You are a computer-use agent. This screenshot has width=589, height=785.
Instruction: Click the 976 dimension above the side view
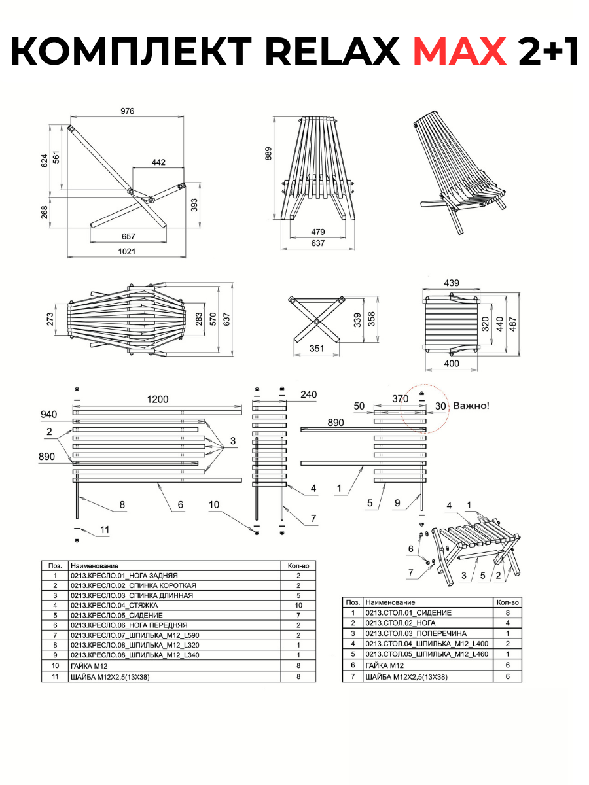(127, 111)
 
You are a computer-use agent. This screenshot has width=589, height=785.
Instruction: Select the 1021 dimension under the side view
(127, 251)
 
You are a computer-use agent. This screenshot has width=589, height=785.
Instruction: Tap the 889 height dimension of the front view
(268, 154)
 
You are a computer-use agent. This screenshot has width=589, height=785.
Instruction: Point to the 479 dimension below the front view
(318, 232)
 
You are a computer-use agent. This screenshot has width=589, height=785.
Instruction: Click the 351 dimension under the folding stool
(316, 349)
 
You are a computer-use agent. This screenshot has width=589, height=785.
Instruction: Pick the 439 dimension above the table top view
(452, 283)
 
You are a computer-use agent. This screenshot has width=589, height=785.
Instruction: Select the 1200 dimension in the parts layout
(157, 400)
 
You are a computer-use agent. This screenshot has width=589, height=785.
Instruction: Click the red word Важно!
(471, 406)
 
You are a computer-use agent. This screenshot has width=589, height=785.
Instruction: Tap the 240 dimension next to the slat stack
(308, 394)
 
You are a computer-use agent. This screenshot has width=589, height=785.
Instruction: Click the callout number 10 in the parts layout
(214, 504)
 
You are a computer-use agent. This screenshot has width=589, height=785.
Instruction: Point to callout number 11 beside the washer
(105, 529)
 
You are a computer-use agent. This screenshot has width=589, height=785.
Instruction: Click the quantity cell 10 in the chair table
(298, 605)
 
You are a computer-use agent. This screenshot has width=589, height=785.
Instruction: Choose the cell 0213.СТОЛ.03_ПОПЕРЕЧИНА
(409, 633)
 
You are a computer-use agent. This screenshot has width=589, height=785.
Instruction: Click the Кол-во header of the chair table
(298, 565)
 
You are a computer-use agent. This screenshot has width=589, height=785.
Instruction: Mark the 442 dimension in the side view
(158, 162)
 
